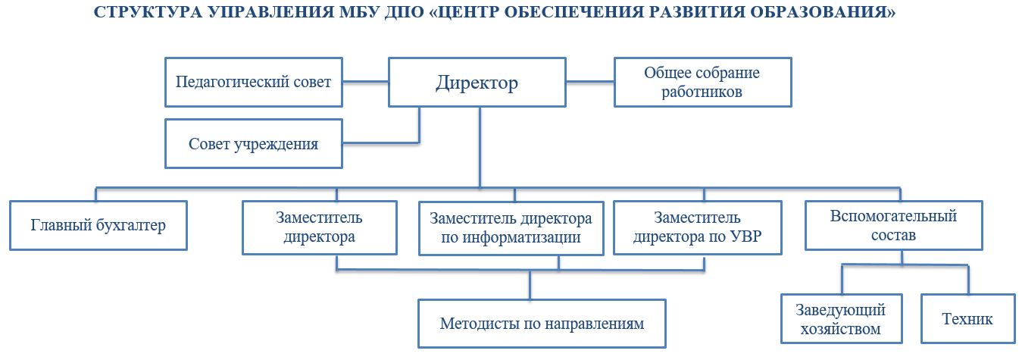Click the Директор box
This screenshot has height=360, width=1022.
[x=477, y=82]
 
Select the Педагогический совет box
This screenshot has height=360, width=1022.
[x=253, y=82]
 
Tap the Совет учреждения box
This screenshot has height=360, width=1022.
[x=253, y=144]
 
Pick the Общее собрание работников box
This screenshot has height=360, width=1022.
[x=702, y=82]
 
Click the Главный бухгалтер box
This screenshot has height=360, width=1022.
[x=98, y=225]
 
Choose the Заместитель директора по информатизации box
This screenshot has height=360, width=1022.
[x=511, y=228]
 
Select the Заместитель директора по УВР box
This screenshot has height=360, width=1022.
[x=698, y=227]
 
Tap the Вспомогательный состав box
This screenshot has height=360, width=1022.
[x=893, y=225]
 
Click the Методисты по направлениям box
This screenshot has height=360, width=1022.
[x=542, y=324]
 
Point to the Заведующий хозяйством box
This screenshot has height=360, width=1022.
[x=842, y=318]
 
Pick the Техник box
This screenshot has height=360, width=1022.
[x=967, y=318]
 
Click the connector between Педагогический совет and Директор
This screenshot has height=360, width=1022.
[x=365, y=82]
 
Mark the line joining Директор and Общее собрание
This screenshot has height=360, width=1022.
[x=590, y=82]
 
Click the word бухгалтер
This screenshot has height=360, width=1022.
[x=130, y=225]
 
